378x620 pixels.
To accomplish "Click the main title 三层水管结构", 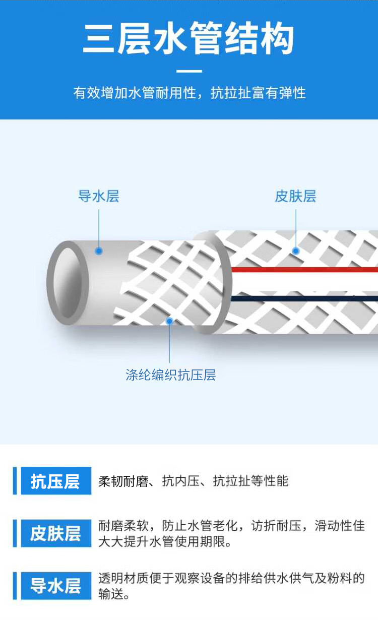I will pyautogui.click(x=188, y=39).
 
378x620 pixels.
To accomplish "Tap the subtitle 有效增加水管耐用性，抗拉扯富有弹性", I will pyautogui.click(x=189, y=93).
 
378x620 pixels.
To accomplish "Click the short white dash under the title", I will pyautogui.click(x=189, y=72).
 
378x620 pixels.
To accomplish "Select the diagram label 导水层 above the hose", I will pyautogui.click(x=99, y=196).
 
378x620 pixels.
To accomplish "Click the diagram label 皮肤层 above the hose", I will pyautogui.click(x=295, y=196).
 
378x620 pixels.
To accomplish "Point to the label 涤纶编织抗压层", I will pyautogui.click(x=170, y=375).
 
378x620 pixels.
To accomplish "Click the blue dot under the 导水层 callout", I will pyautogui.click(x=99, y=251).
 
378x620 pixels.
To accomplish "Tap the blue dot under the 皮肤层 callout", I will pyautogui.click(x=296, y=251).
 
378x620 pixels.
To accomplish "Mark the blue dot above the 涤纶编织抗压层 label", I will pyautogui.click(x=170, y=321).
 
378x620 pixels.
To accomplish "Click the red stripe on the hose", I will pyautogui.click(x=302, y=270).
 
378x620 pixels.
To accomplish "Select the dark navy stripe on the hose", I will pyautogui.click(x=302, y=298).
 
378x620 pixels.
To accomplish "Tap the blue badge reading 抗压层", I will pyautogui.click(x=55, y=481).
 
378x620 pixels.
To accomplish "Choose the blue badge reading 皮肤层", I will pyautogui.click(x=55, y=533).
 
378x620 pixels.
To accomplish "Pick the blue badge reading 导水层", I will pyautogui.click(x=55, y=586).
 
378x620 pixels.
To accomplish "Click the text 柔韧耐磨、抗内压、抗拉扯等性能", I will pyautogui.click(x=194, y=481).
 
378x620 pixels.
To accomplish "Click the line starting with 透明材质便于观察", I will pyautogui.click(x=231, y=578).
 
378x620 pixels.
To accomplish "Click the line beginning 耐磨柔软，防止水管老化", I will pyautogui.click(x=231, y=526).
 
